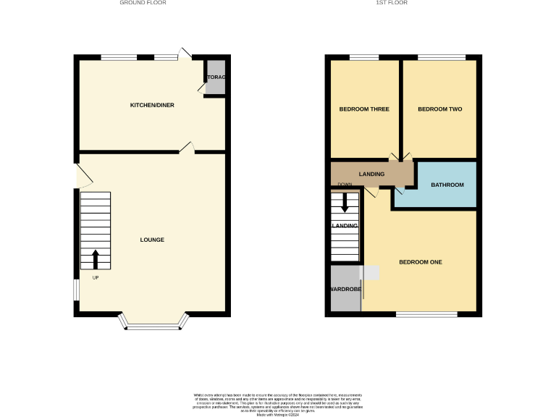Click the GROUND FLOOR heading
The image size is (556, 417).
pos(143,3)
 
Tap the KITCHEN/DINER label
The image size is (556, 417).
pos(152,106)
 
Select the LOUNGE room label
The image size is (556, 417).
pos(152,240)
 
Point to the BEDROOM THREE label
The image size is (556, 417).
pos(364,109)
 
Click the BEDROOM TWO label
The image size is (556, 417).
pos(439,109)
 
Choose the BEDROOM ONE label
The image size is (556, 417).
pos(421,261)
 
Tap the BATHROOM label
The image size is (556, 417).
pos(447,185)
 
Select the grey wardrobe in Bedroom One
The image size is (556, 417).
pos(345,289)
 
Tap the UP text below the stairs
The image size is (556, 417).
pos(96,277)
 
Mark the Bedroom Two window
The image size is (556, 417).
pos(441,57)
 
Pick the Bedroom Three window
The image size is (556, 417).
pos(364,57)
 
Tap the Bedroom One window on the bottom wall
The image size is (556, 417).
pos(426,314)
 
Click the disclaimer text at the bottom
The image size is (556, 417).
pos(278,404)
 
